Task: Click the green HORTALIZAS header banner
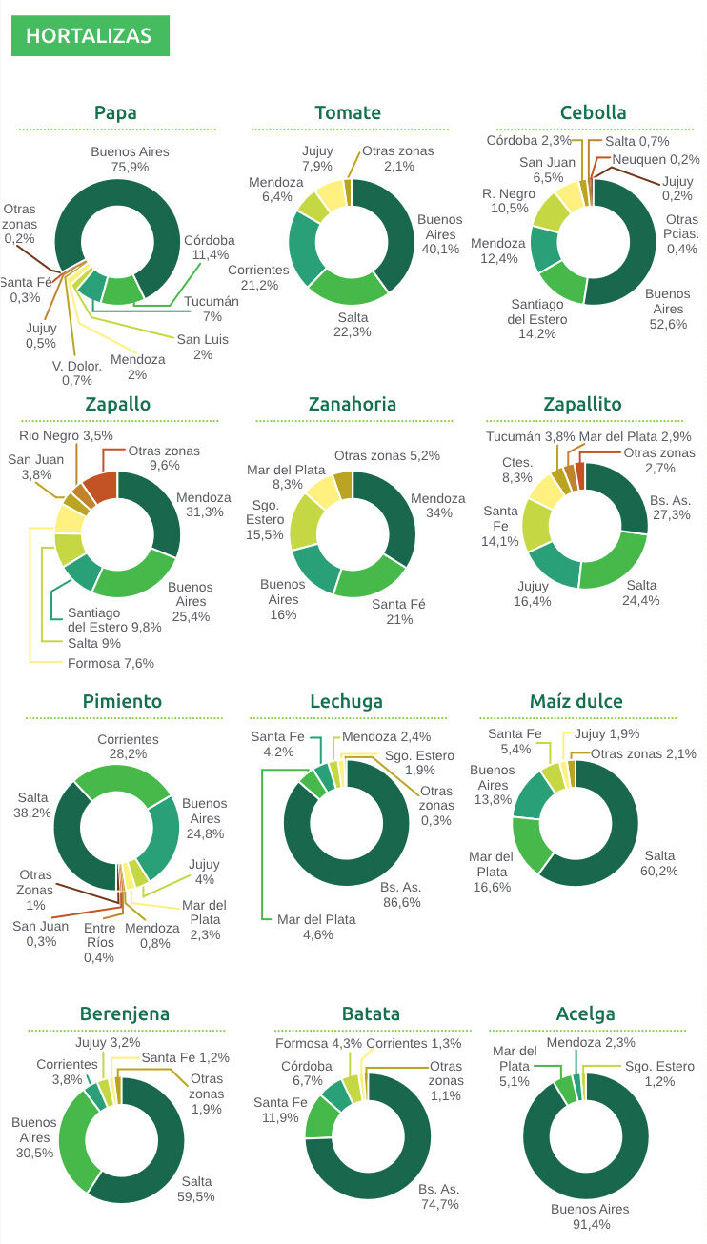(x=90, y=36)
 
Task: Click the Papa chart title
(x=115, y=112)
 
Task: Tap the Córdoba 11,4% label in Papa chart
(x=209, y=248)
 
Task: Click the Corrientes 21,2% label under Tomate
(x=258, y=277)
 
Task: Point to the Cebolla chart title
(x=594, y=112)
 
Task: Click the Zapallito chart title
(x=581, y=404)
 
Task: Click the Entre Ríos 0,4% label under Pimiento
(x=99, y=943)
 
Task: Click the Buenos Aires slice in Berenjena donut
(x=73, y=1138)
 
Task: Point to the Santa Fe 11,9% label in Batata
(x=280, y=1111)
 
